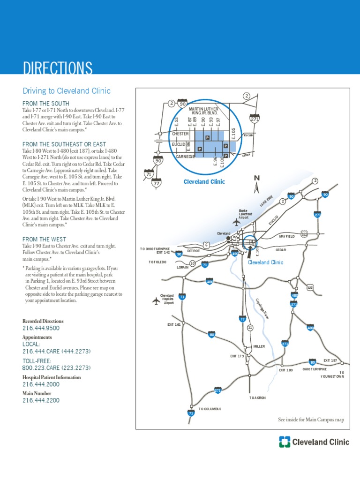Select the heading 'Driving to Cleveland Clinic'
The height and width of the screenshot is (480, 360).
(67, 91)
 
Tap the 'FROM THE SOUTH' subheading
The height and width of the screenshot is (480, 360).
(46, 103)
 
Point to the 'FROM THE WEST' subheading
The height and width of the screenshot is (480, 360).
(45, 239)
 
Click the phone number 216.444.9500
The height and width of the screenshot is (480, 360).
(41, 328)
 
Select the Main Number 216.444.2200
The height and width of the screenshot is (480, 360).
(41, 400)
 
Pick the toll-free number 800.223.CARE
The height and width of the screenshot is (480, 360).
(57, 368)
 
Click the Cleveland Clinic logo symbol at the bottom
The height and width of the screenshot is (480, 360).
(285, 442)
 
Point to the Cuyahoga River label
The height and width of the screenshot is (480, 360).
(262, 309)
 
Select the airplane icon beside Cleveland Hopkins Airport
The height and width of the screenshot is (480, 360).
(156, 300)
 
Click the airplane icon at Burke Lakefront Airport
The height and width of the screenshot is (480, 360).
(236, 222)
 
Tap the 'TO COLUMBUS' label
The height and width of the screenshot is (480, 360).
(210, 409)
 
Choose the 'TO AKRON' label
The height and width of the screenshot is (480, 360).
(257, 397)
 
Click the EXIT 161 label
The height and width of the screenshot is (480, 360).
(174, 324)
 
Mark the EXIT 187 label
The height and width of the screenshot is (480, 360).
(330, 360)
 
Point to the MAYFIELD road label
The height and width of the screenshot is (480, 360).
(287, 237)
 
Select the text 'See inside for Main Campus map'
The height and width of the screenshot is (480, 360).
(311, 420)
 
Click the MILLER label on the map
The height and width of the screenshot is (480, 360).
(259, 346)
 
